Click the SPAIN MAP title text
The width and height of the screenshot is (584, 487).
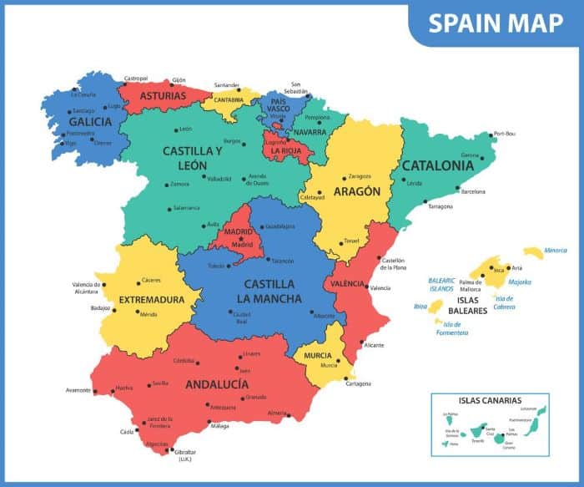pyautogui.click(x=496, y=23)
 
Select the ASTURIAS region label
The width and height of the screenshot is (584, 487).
pyautogui.click(x=163, y=97)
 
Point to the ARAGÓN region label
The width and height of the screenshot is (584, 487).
pyautogui.click(x=357, y=191)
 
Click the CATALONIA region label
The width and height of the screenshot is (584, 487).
pyautogui.click(x=438, y=165)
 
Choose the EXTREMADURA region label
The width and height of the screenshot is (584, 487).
pyautogui.click(x=152, y=299)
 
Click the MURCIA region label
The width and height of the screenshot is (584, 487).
pyautogui.click(x=318, y=356)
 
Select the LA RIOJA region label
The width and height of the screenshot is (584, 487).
pyautogui.click(x=287, y=151)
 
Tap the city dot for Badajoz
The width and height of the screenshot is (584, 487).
pyautogui.click(x=115, y=308)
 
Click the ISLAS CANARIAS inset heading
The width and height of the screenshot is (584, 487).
pyautogui.click(x=490, y=400)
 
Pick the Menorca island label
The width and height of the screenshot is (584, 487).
pyautogui.click(x=555, y=250)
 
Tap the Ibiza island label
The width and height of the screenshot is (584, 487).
pyautogui.click(x=420, y=306)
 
